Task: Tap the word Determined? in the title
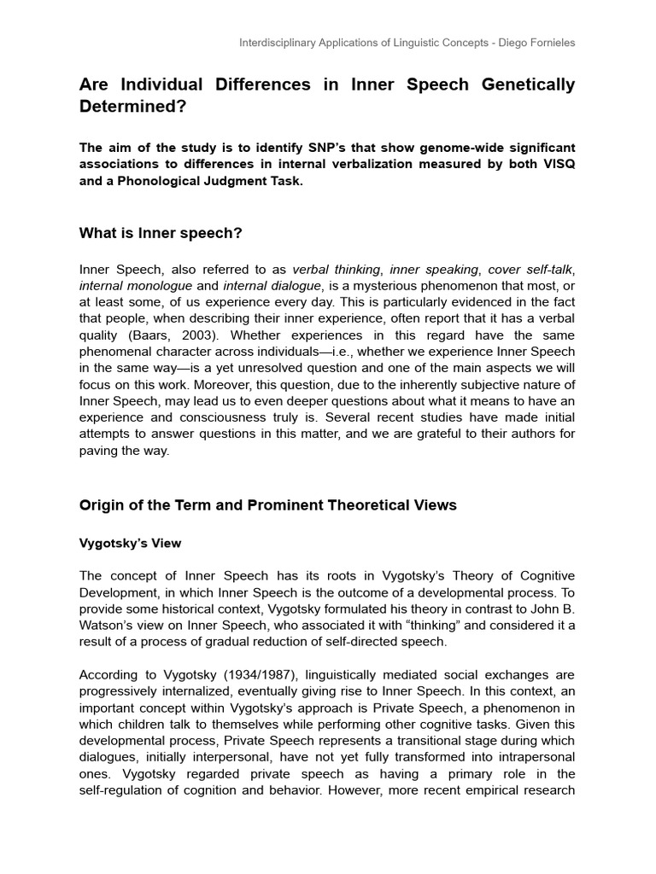pyautogui.click(x=132, y=108)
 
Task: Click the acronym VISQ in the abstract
pyautogui.click(x=558, y=163)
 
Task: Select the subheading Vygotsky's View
pyautogui.click(x=130, y=543)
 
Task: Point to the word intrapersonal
pyautogui.click(x=532, y=757)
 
